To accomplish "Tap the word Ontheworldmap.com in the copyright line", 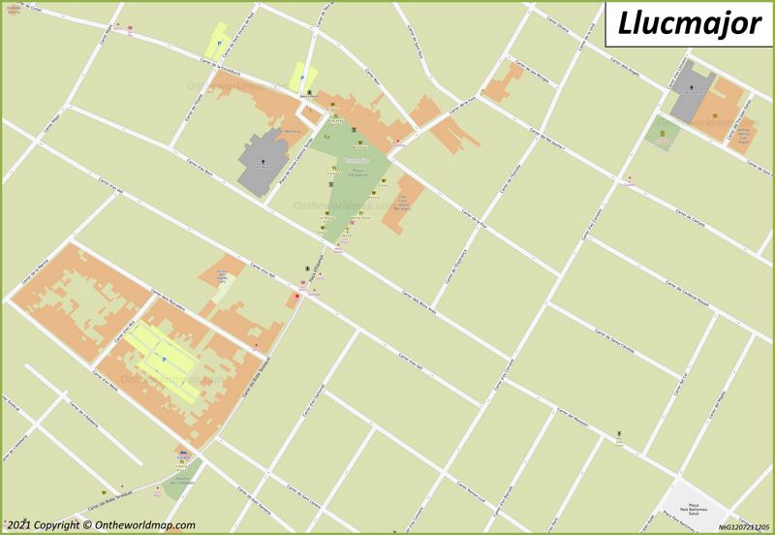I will (x=142, y=525).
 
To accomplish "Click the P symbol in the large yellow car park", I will (x=164, y=360).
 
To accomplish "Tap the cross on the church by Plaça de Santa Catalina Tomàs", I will (x=259, y=154).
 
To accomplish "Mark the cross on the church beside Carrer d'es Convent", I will (x=691, y=88).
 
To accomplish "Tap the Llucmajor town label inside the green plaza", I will (x=356, y=159).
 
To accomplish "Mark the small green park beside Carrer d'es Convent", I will (x=663, y=133).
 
